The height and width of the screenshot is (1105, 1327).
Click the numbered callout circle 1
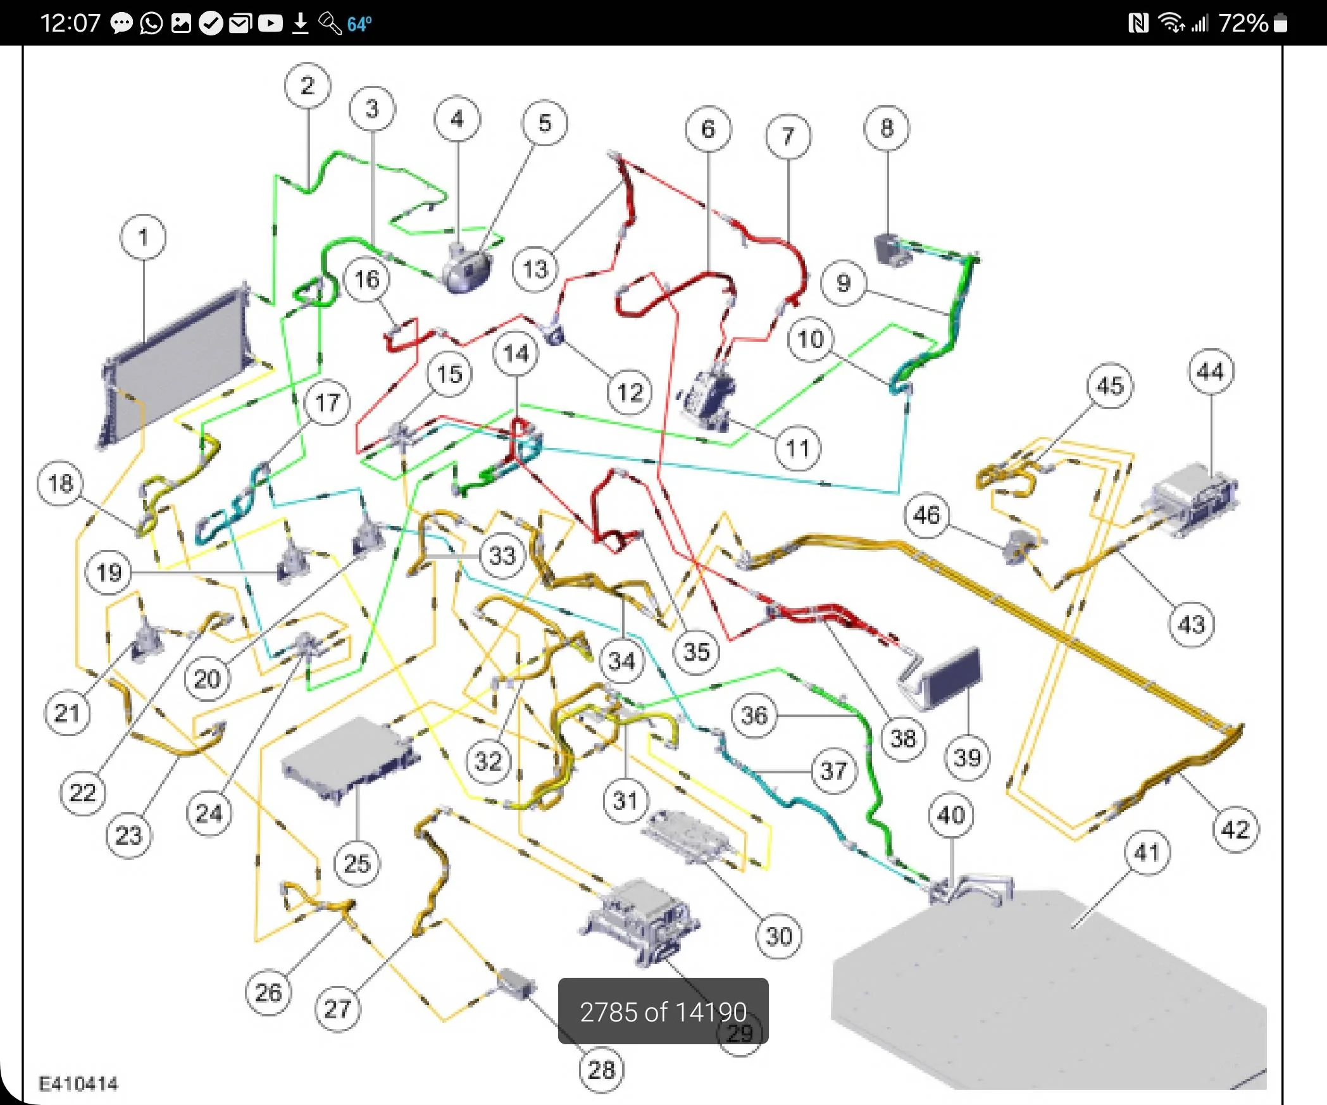[x=143, y=237]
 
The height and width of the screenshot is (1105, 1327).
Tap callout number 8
[x=887, y=128]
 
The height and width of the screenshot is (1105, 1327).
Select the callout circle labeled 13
[x=535, y=269]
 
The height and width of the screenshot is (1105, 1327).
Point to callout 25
[x=357, y=863]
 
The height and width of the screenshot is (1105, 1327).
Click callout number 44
[x=1211, y=371]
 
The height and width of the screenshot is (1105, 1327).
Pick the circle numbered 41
[x=1147, y=852]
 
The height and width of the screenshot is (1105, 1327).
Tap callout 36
[x=754, y=716]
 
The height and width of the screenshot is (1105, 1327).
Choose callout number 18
[x=61, y=484]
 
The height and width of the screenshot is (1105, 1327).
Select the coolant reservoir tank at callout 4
[x=467, y=269]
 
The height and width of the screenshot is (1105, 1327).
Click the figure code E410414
[x=78, y=1083]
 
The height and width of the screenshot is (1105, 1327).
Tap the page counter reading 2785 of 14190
[x=663, y=1012]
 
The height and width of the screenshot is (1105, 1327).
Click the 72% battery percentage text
[x=1243, y=23]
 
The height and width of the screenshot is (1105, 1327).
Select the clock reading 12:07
[x=70, y=23]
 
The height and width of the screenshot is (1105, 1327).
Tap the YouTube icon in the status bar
[x=270, y=23]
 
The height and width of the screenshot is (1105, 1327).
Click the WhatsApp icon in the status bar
[x=151, y=23]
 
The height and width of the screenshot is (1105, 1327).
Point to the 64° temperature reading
[x=359, y=24]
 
